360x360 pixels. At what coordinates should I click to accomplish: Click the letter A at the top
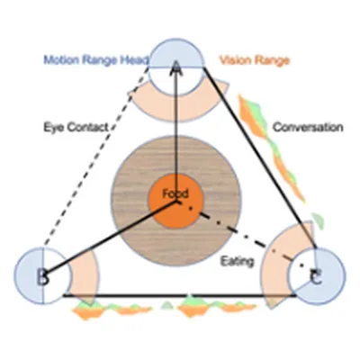tap(176, 69)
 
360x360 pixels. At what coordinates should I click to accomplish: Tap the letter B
tap(42, 277)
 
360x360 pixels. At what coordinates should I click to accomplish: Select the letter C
tap(316, 277)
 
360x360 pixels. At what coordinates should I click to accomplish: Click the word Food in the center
tap(175, 193)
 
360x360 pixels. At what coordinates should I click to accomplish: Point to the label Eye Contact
tap(76, 127)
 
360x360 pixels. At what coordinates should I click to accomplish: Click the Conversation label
tap(308, 127)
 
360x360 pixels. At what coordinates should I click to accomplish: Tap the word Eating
tap(237, 262)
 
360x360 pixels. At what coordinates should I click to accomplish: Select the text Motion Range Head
tap(96, 60)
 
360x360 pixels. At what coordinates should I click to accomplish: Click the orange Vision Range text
tap(255, 60)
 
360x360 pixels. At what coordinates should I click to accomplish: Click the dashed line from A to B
tap(96, 156)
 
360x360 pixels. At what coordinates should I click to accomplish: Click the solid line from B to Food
tap(111, 237)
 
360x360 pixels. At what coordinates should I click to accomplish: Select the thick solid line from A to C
tap(260, 157)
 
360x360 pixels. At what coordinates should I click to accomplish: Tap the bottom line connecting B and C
tap(180, 296)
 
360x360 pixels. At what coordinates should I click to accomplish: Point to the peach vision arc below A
tap(177, 110)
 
